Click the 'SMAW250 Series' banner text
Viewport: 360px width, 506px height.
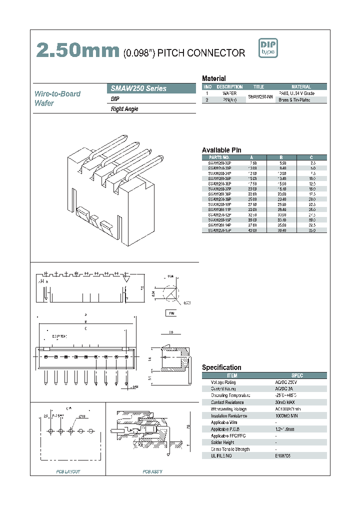click(138, 88)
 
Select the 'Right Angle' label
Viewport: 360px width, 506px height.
click(124, 109)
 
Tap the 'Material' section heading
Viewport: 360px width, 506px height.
click(213, 78)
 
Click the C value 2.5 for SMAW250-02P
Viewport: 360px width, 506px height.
click(312, 163)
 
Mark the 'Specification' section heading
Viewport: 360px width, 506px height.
click(221, 367)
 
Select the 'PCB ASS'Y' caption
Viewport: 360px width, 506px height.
click(152, 471)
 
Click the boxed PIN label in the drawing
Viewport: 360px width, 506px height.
click(171, 313)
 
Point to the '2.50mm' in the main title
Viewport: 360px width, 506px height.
click(77, 51)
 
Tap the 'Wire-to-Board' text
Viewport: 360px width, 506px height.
click(57, 93)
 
